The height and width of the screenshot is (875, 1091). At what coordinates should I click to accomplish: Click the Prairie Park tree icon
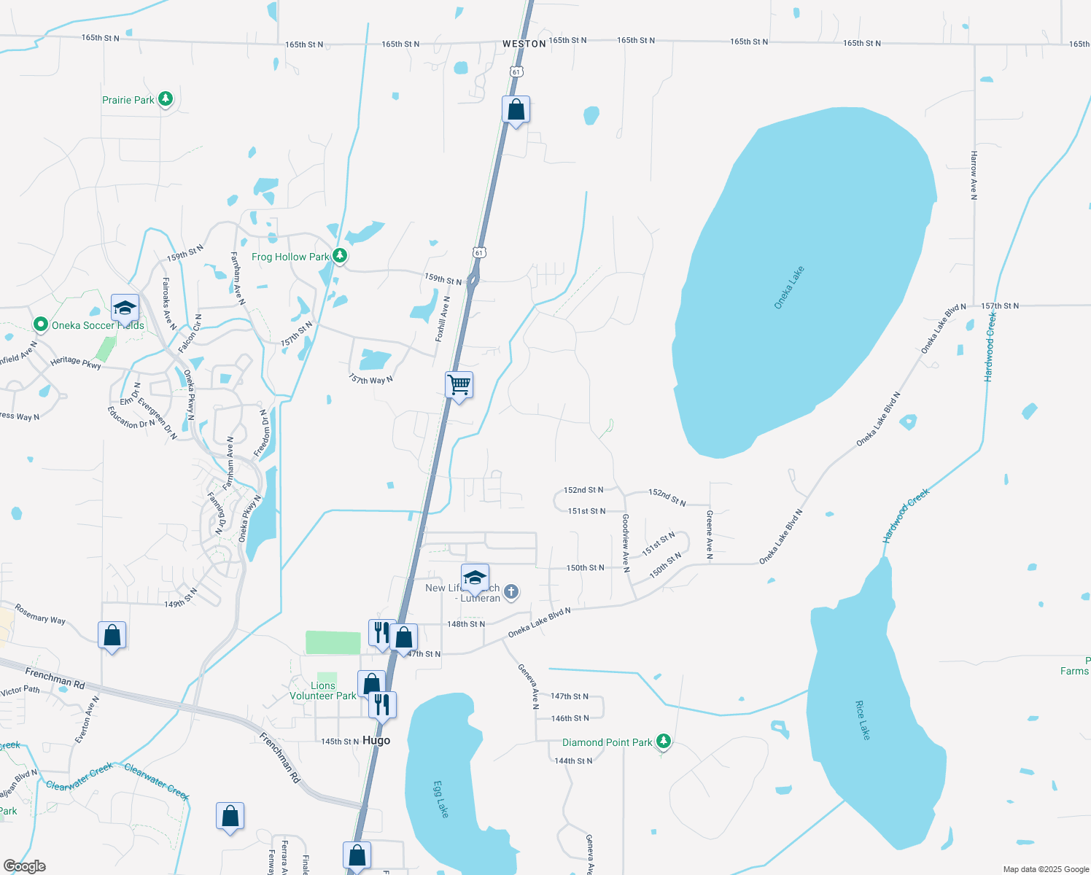[x=166, y=99]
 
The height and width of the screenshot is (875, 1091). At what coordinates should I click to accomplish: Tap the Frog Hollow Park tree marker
[x=339, y=256]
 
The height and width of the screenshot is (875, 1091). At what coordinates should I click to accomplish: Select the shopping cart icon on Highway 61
[x=459, y=384]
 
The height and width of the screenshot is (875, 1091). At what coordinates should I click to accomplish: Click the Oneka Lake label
[x=789, y=287]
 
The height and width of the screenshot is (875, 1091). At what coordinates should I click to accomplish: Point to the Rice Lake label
[x=863, y=720]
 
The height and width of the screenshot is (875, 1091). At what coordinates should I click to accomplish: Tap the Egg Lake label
[x=441, y=799]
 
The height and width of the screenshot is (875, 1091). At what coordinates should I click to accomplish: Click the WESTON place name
[x=524, y=44]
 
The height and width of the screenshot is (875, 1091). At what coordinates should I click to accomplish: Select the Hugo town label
[x=376, y=740]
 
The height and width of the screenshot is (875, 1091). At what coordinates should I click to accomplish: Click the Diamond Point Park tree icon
[x=663, y=742]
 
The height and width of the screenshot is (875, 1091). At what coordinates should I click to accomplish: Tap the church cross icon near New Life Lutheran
[x=511, y=591]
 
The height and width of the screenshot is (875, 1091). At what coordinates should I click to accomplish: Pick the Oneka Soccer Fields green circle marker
[x=41, y=324]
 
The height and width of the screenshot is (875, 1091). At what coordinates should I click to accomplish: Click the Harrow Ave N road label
[x=974, y=175]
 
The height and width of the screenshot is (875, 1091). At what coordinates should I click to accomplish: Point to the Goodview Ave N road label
[x=626, y=542]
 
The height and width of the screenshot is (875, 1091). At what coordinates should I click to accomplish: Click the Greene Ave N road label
[x=710, y=534]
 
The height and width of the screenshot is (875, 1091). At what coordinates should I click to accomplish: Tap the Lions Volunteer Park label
[x=323, y=691]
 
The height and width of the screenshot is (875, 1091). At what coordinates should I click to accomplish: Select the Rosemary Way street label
[x=40, y=615]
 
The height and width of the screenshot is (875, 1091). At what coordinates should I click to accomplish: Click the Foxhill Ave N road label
[x=443, y=319]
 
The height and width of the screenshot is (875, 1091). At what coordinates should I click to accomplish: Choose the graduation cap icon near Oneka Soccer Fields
[x=125, y=308]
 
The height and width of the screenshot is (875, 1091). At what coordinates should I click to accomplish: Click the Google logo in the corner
[x=24, y=866]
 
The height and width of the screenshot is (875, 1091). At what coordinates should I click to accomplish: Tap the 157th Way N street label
[x=370, y=379]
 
